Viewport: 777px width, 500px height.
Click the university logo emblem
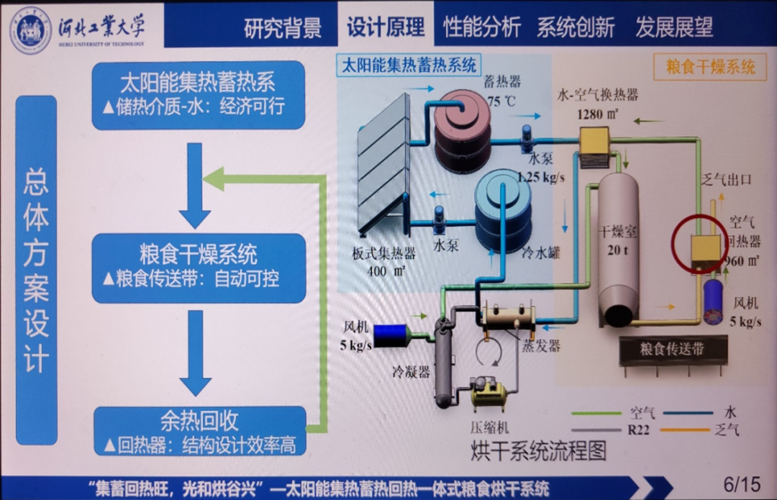30,29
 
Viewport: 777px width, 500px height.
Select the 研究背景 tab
282,27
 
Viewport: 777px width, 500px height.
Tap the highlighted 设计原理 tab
386,27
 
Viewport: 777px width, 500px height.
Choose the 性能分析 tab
481,27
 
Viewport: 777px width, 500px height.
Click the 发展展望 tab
673,27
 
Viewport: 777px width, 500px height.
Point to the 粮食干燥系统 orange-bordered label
710,68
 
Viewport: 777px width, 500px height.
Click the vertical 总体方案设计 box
37,270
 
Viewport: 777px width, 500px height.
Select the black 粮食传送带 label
672,349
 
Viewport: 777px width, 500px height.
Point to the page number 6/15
741,484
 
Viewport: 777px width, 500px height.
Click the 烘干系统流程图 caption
538,451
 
